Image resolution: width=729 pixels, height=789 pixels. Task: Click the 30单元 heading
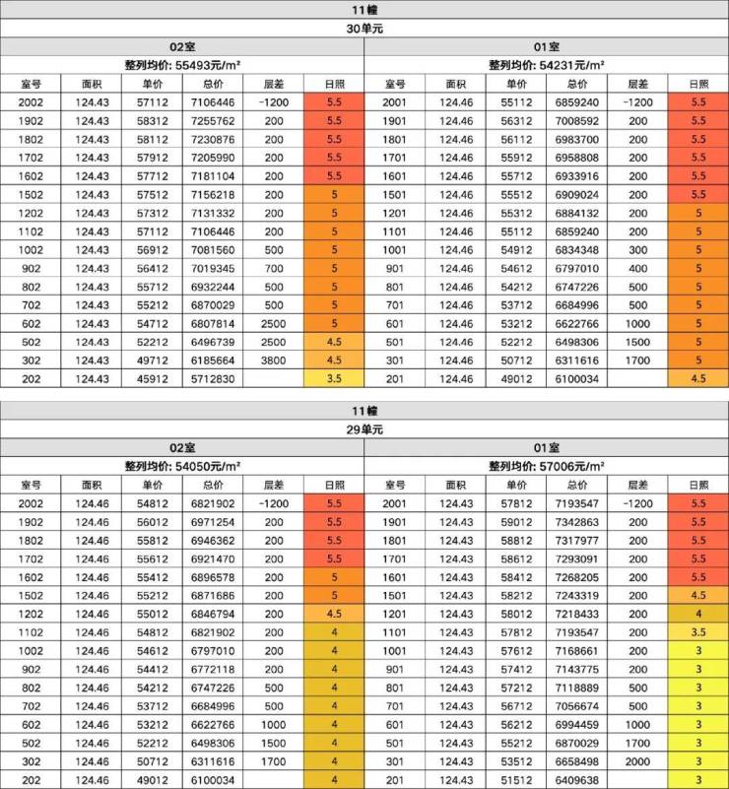click(x=364, y=29)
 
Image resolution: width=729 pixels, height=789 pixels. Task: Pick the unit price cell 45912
click(x=152, y=379)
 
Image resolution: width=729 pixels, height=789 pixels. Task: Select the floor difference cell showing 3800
click(x=273, y=361)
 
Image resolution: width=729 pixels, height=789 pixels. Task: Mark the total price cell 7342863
click(x=577, y=521)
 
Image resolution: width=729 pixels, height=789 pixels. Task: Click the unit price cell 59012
click(x=517, y=521)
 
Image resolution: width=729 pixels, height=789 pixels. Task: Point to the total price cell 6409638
click(x=577, y=780)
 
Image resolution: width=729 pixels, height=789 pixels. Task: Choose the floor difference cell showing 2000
click(x=637, y=761)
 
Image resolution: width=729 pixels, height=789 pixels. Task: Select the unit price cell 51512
click(x=517, y=780)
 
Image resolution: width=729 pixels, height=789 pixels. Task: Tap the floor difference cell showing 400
click(x=637, y=268)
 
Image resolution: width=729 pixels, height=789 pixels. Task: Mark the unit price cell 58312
click(x=152, y=120)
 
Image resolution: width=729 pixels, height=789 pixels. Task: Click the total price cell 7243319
click(x=577, y=595)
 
